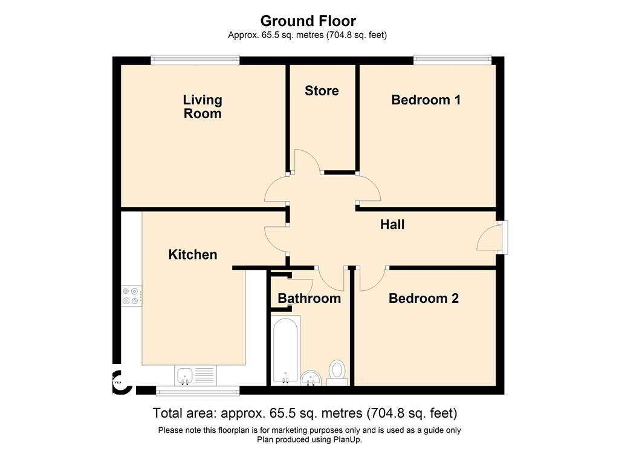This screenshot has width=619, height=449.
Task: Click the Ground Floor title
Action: [308, 21]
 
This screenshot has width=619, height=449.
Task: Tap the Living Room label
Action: [203, 106]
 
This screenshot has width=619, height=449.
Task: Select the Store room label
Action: [322, 91]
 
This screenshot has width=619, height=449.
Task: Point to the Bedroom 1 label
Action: [426, 100]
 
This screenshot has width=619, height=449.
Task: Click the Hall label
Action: [392, 224]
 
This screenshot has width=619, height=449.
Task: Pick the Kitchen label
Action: [193, 255]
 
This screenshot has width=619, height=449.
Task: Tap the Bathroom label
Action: [309, 298]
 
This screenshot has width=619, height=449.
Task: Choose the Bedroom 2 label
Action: [424, 298]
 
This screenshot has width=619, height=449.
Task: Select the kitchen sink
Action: [195, 376]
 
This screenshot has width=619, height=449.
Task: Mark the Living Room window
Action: [195, 60]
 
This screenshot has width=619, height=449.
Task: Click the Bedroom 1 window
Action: [452, 60]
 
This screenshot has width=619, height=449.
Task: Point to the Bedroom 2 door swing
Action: [375, 282]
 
